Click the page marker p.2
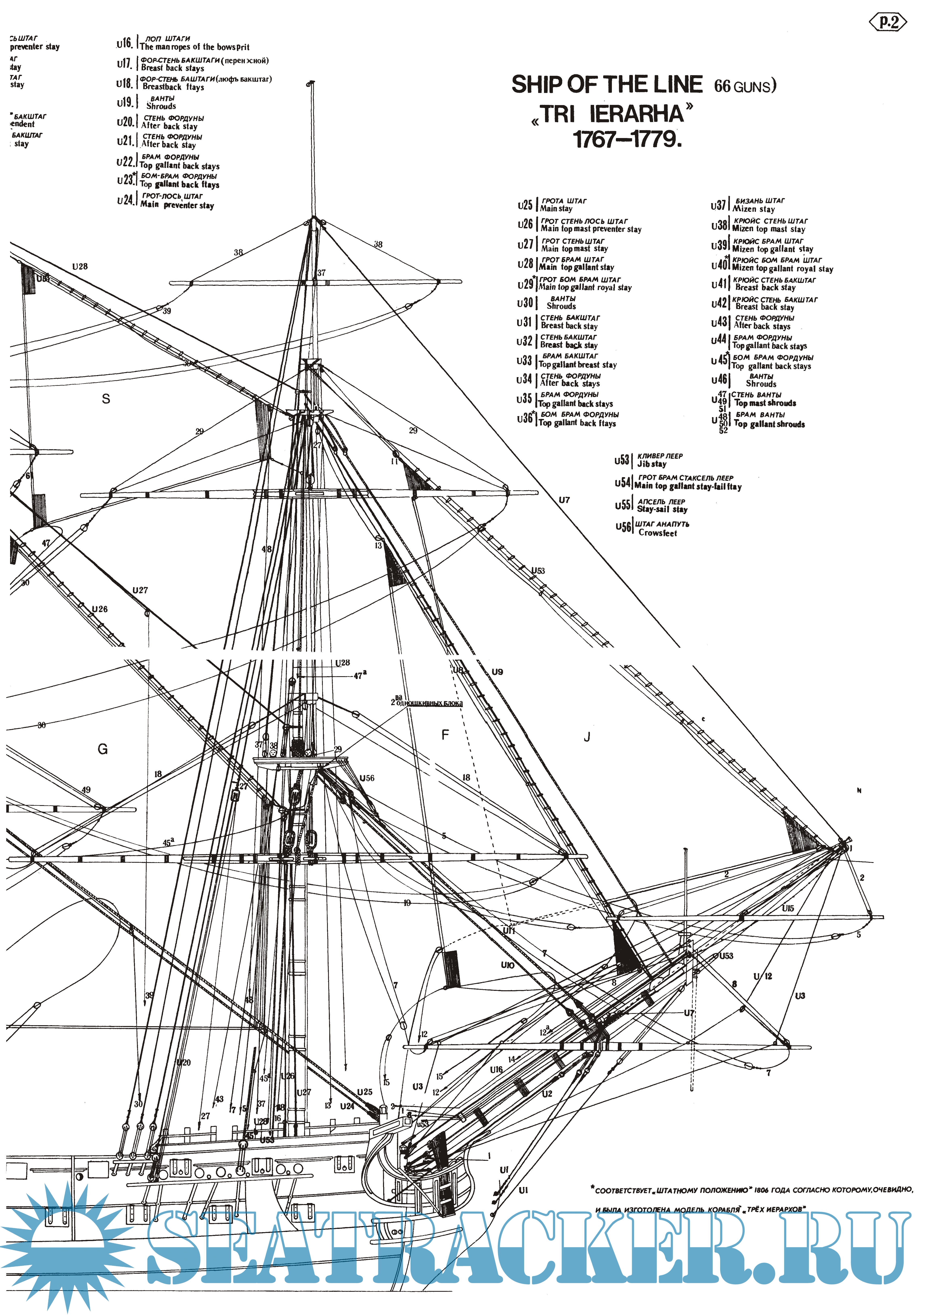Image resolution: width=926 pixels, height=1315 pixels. [x=889, y=22]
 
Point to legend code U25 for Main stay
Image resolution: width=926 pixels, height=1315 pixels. [x=525, y=205]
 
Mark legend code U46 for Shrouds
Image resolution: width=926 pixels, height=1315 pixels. [x=719, y=380]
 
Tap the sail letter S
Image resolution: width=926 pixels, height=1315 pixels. [x=106, y=399]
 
